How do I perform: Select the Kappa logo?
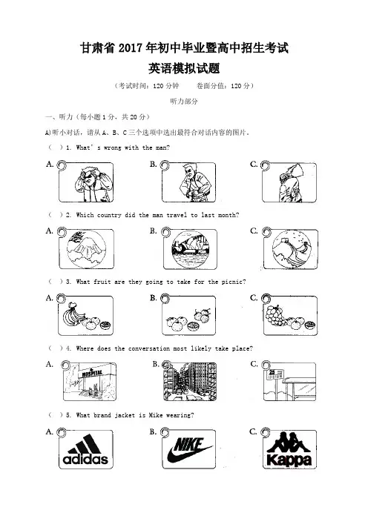[x=289, y=449]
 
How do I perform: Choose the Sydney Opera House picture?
[x=190, y=249]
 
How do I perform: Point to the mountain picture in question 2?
[x=86, y=249]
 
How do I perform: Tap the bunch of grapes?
[x=275, y=315]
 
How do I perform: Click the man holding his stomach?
[x=194, y=183]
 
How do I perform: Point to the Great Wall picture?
[x=292, y=250]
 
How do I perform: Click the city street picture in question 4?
[x=190, y=382]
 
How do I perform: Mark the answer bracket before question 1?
[x=56, y=148]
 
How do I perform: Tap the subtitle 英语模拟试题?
[x=184, y=68]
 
